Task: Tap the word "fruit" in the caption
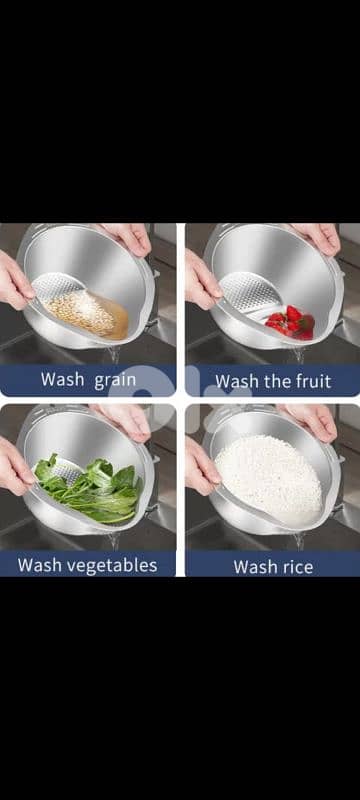[x=312, y=381]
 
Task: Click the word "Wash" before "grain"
[x=62, y=380]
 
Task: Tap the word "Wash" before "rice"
[x=254, y=567]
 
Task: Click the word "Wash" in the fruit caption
[x=236, y=381]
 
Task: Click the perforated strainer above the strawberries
[x=250, y=294]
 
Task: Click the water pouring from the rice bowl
[x=297, y=541]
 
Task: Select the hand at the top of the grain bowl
[x=128, y=237]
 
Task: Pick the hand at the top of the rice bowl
[x=310, y=420]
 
